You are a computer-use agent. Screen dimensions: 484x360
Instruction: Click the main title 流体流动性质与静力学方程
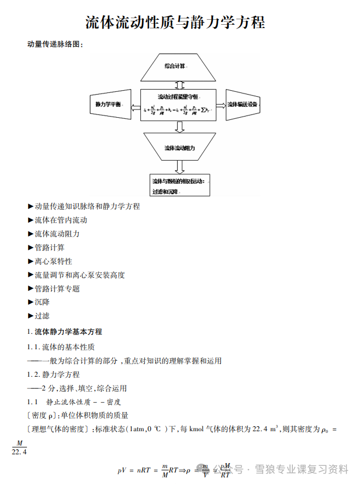pyautogui.click(x=176, y=22)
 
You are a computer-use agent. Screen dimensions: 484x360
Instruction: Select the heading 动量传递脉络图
pyautogui.click(x=55, y=44)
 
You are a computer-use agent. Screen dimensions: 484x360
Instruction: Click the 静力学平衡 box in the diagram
pyautogui.click(x=110, y=104)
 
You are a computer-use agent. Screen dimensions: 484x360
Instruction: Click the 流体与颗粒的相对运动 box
pyautogui.click(x=180, y=185)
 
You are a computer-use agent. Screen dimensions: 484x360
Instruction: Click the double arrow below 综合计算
pyautogui.click(x=178, y=85)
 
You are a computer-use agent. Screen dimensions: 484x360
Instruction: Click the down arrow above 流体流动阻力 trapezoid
pyautogui.click(x=179, y=127)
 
